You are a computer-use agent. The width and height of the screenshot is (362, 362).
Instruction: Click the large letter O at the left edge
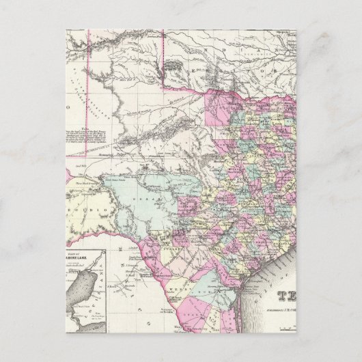click(70, 107)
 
